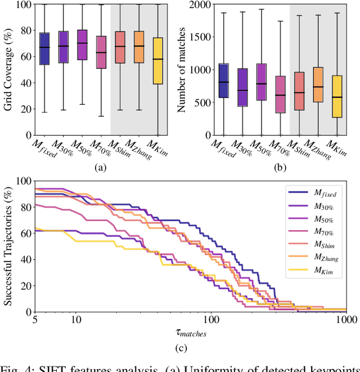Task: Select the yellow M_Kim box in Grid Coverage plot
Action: coord(157,61)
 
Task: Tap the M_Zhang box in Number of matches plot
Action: coord(318,84)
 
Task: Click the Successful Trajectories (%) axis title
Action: coord(8,246)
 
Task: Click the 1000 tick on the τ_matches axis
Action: coord(346,320)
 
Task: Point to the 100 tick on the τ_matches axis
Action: coord(211,320)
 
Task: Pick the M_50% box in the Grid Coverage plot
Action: coord(82,44)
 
